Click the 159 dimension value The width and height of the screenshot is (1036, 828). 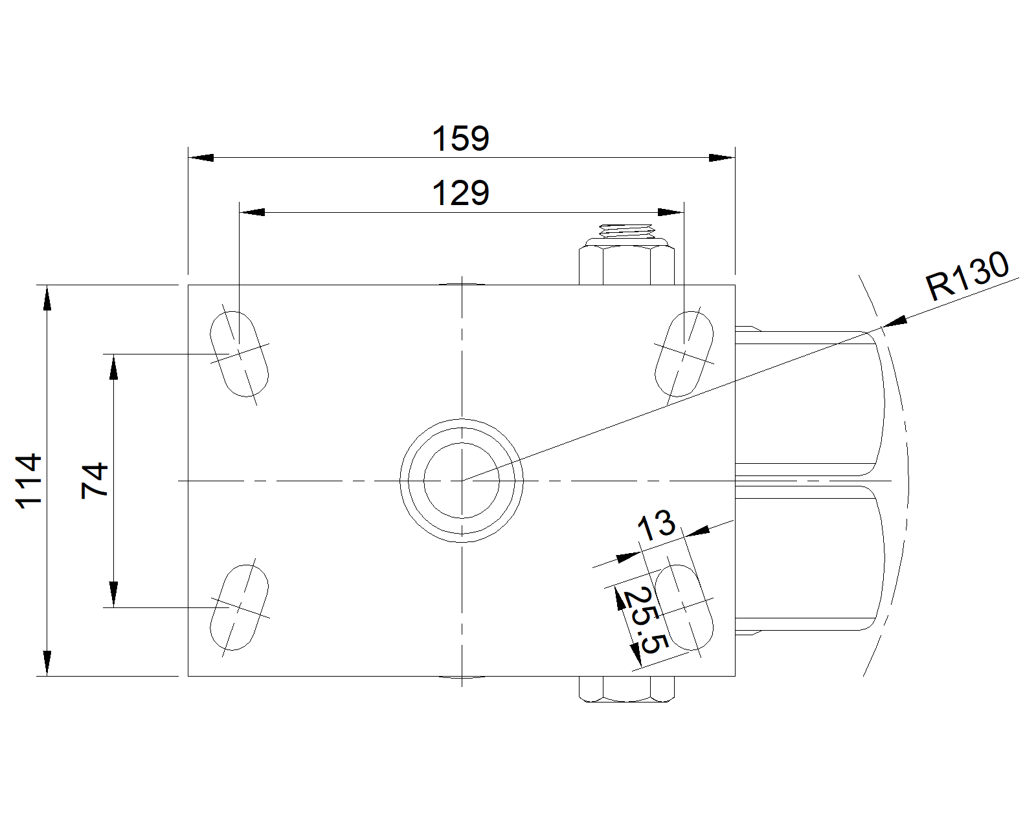[x=461, y=138]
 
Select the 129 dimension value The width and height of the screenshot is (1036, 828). [x=461, y=193]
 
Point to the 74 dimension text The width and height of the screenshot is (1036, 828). [x=95, y=481]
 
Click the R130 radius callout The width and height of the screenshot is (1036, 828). [x=967, y=276]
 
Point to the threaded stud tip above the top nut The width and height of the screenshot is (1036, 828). [x=626, y=231]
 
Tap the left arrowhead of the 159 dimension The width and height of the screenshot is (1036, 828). [x=201, y=158]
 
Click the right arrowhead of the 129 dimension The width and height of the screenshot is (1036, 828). [x=671, y=212]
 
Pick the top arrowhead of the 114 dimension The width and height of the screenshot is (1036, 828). [x=47, y=298]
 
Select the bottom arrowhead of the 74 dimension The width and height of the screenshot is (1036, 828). [x=113, y=594]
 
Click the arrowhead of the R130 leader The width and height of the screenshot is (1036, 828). [x=894, y=321]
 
